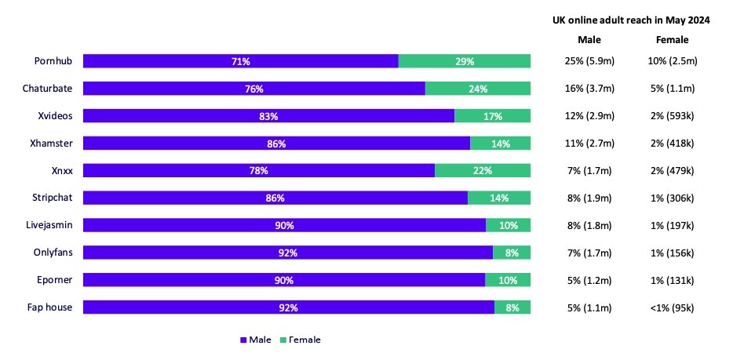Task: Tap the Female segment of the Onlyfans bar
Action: pyautogui.click(x=512, y=253)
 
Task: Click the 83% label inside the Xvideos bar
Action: pyautogui.click(x=268, y=116)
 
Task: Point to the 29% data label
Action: pyautogui.click(x=465, y=61)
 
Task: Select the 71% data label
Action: pyautogui.click(x=240, y=61)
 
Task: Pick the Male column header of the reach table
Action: pyautogui.click(x=589, y=39)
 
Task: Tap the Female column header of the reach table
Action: pyautogui.click(x=672, y=39)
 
